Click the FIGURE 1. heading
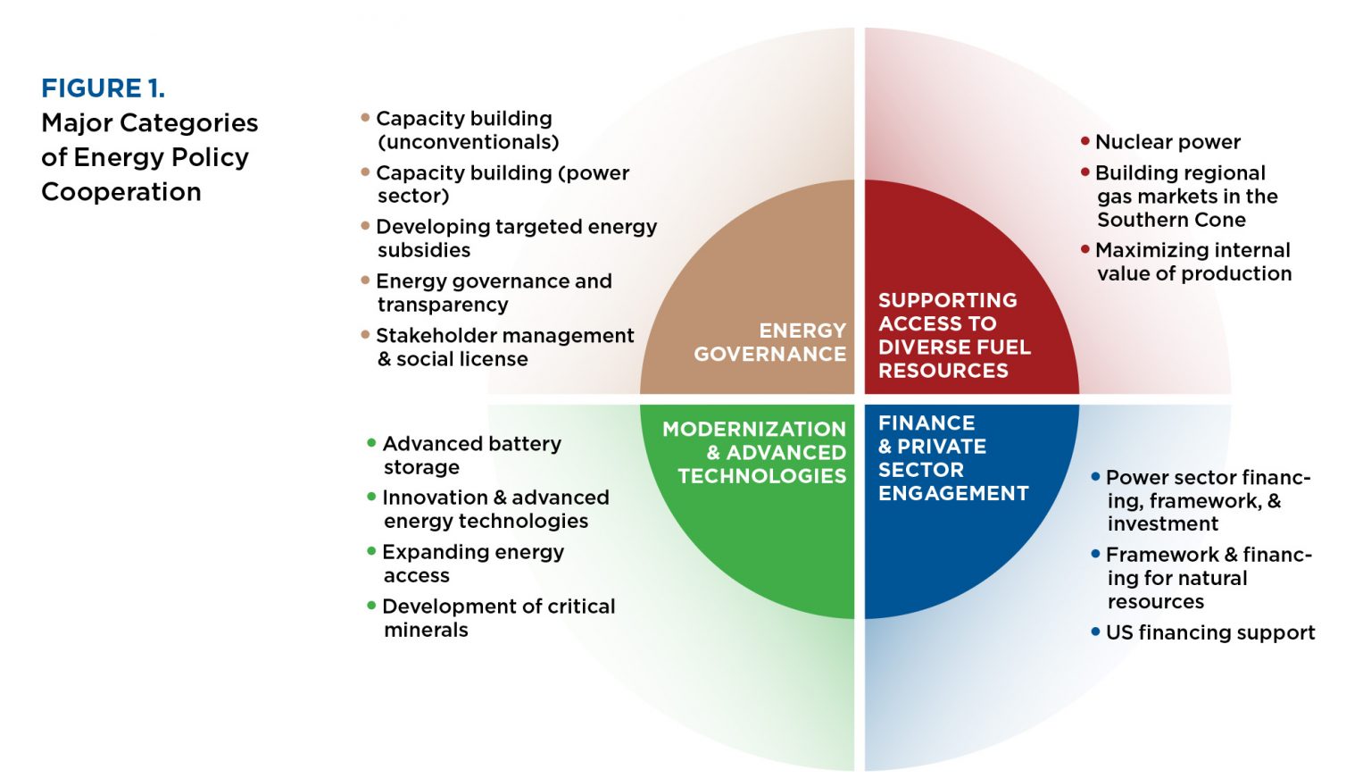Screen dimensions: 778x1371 [103, 88]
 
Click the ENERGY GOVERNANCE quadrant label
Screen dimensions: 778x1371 [770, 342]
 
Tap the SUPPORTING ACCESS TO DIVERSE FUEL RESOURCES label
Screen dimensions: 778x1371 [953, 335]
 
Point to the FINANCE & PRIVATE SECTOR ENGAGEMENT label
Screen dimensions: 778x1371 [952, 457]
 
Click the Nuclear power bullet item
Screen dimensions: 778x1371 [1167, 142]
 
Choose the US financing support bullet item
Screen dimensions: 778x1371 [1209, 632]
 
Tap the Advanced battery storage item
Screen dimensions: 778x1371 [471, 455]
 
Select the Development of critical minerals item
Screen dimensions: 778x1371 [498, 617]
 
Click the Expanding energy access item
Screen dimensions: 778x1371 [472, 563]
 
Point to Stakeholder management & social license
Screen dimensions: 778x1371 [504, 347]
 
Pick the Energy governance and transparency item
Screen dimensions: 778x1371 [494, 292]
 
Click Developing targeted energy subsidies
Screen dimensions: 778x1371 [516, 238]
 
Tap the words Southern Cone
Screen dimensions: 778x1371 [1171, 220]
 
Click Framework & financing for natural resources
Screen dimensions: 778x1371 [1209, 578]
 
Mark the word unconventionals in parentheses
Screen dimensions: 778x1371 [469, 142]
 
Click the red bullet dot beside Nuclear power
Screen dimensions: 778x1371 [1085, 141]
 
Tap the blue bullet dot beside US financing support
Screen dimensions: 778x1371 [1095, 632]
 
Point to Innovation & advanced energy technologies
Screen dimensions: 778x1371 [495, 508]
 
